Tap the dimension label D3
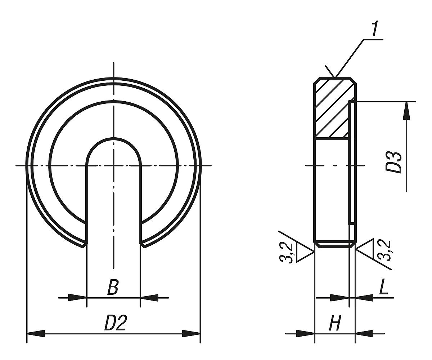point(393,163)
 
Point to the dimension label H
point(335,324)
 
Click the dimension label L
point(383,288)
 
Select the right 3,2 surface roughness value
point(384,251)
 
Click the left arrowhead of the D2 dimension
point(36,334)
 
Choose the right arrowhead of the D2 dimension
point(191,334)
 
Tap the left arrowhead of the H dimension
point(306,334)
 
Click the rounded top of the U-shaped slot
point(113,138)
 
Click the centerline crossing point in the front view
point(113,165)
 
